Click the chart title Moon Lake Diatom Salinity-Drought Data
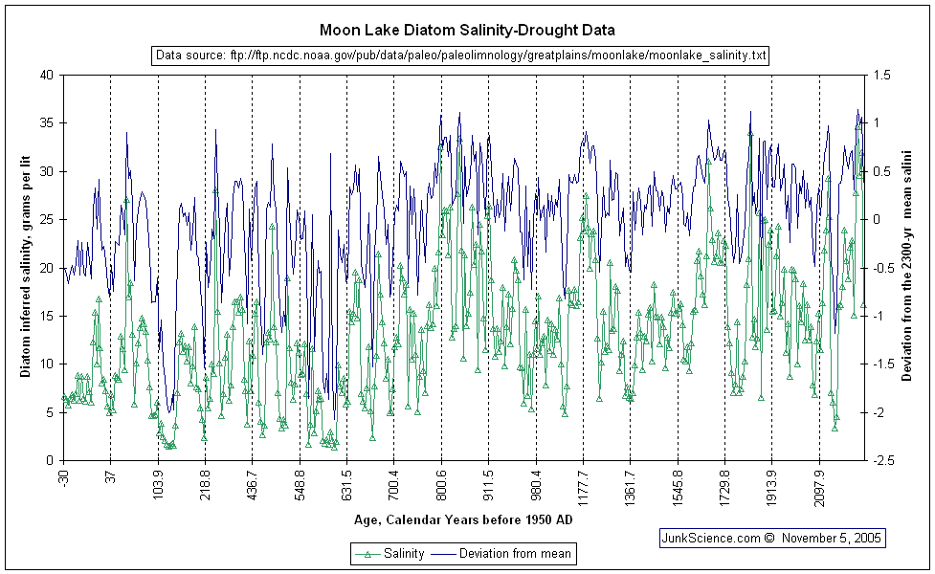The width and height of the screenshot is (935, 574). pyautogui.click(x=467, y=31)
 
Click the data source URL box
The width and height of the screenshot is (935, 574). pyautogui.click(x=460, y=55)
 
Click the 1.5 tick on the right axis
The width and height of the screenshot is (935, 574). pyautogui.click(x=882, y=75)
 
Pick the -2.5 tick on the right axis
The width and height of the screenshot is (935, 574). pyautogui.click(x=884, y=460)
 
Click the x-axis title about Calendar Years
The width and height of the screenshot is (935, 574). pyautogui.click(x=463, y=520)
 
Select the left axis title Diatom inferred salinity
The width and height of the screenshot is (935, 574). pyautogui.click(x=26, y=267)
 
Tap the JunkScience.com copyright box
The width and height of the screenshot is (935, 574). pyautogui.click(x=772, y=538)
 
